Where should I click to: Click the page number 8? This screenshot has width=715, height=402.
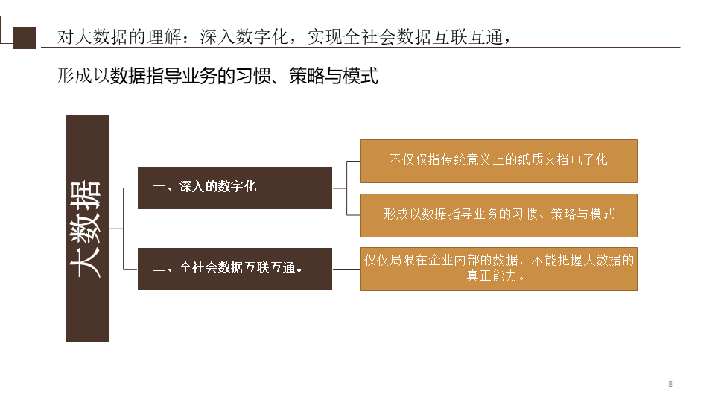[670, 384]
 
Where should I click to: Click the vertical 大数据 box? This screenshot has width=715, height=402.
[87, 229]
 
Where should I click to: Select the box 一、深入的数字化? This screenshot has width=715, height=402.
[235, 188]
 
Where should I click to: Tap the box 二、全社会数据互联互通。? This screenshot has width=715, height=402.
[235, 268]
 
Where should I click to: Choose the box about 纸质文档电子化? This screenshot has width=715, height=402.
[498, 160]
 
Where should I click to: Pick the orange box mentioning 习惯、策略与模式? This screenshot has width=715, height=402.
[498, 215]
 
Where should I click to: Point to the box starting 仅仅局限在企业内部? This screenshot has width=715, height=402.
[498, 268]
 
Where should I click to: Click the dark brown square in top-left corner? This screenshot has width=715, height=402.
[25, 38]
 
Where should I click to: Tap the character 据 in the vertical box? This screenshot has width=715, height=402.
[87, 195]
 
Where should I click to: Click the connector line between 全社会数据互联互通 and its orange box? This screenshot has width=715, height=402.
[346, 268]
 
